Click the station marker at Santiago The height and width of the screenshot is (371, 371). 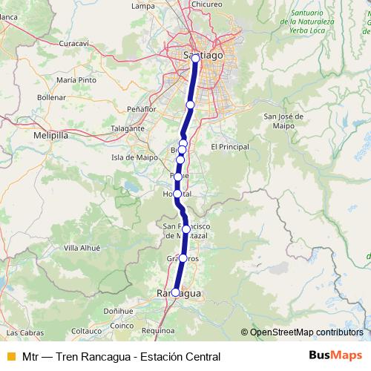(195, 57)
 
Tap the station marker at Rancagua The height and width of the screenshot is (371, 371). (175, 292)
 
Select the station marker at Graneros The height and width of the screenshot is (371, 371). (183, 258)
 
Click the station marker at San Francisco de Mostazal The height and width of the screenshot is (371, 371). (186, 229)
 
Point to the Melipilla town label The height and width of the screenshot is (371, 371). (50, 137)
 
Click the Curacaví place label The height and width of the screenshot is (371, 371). (74, 44)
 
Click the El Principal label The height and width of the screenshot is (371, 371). (230, 147)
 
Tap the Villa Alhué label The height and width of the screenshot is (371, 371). (82, 247)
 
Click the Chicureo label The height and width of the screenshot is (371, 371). (206, 4)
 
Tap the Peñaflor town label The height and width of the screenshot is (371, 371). (142, 109)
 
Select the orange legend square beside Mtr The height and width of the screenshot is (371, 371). (10, 356)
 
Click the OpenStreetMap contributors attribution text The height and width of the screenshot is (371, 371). (306, 332)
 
